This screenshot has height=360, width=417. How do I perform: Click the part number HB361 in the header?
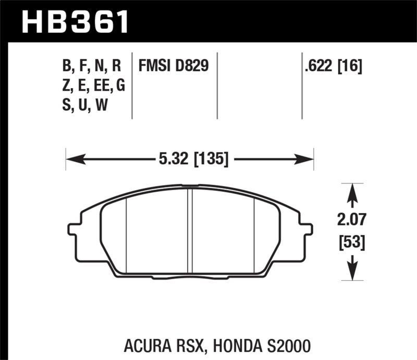73,22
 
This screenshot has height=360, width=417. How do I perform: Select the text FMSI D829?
174,66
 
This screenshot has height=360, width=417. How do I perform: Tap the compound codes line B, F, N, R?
91,66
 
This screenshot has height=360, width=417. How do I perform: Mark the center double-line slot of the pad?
190,229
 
